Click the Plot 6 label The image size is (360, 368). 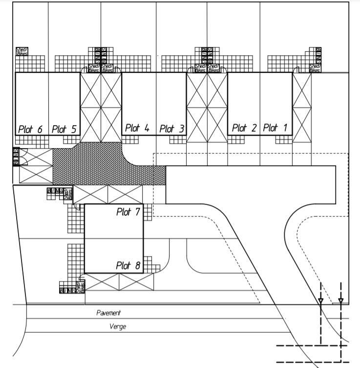[x=30, y=130]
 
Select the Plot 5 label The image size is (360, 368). [x=64, y=130]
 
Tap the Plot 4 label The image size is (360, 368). [x=137, y=128]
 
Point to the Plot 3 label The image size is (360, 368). [x=172, y=129]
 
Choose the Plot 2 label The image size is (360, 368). [x=244, y=128]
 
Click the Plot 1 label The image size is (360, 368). [x=275, y=128]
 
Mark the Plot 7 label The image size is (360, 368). [x=128, y=212]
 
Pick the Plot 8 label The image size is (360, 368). [x=128, y=266]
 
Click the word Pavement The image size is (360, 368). [x=108, y=313]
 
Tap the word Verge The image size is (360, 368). [x=117, y=326]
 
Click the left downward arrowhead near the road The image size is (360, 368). [x=320, y=301]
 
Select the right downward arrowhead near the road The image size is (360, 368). [x=340, y=301]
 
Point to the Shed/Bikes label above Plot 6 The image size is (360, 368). [x=22, y=51]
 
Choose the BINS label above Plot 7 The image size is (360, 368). [x=55, y=190]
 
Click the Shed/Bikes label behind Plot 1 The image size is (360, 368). [x=315, y=68]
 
